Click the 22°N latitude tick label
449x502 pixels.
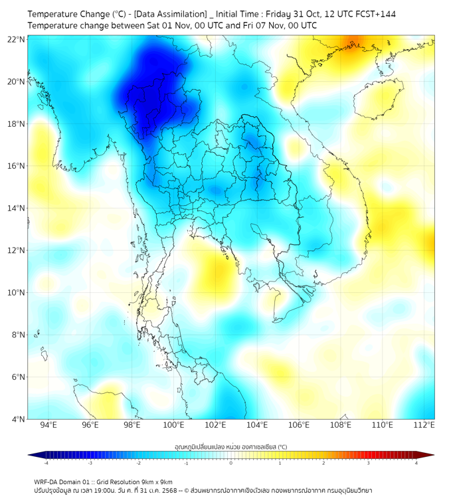click(17, 39)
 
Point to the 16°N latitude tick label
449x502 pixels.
click(17, 166)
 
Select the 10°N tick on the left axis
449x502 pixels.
click(17, 293)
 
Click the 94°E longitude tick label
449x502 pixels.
click(48, 426)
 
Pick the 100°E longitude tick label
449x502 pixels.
click(173, 426)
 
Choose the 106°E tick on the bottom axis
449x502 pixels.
click(299, 426)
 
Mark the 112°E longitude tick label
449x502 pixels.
click(424, 426)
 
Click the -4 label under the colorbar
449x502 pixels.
click(46, 463)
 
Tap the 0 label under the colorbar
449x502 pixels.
click(231, 463)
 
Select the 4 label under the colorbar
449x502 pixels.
click(416, 463)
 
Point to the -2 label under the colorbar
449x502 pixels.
click(138, 463)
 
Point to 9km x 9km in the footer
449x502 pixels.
click(153, 481)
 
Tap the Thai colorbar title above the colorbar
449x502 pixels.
click(230, 446)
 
